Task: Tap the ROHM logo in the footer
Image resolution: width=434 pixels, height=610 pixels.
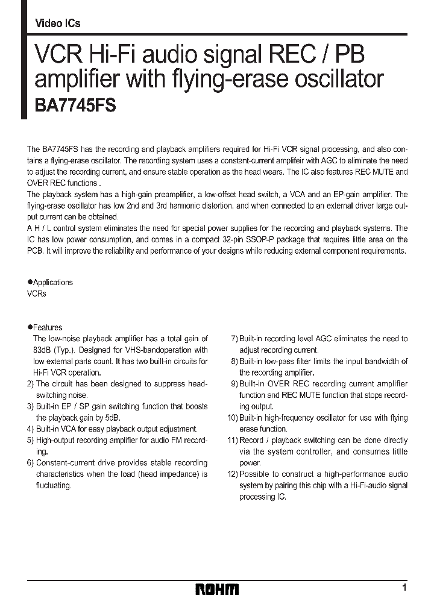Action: [217, 589]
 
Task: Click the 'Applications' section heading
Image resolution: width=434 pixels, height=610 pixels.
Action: [52, 282]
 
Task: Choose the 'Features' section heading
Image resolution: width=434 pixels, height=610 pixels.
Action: [47, 327]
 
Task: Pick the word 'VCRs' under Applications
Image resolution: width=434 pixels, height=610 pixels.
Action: [37, 294]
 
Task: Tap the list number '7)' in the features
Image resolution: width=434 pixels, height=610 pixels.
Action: [234, 339]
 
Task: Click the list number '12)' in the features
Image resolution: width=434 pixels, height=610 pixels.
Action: [232, 474]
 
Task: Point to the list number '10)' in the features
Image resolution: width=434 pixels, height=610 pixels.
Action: [232, 418]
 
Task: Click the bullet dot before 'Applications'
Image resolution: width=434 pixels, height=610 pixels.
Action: [30, 282]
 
